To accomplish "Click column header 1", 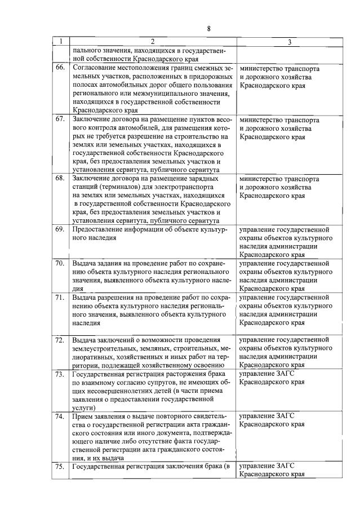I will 60,42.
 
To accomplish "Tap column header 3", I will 289,42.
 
